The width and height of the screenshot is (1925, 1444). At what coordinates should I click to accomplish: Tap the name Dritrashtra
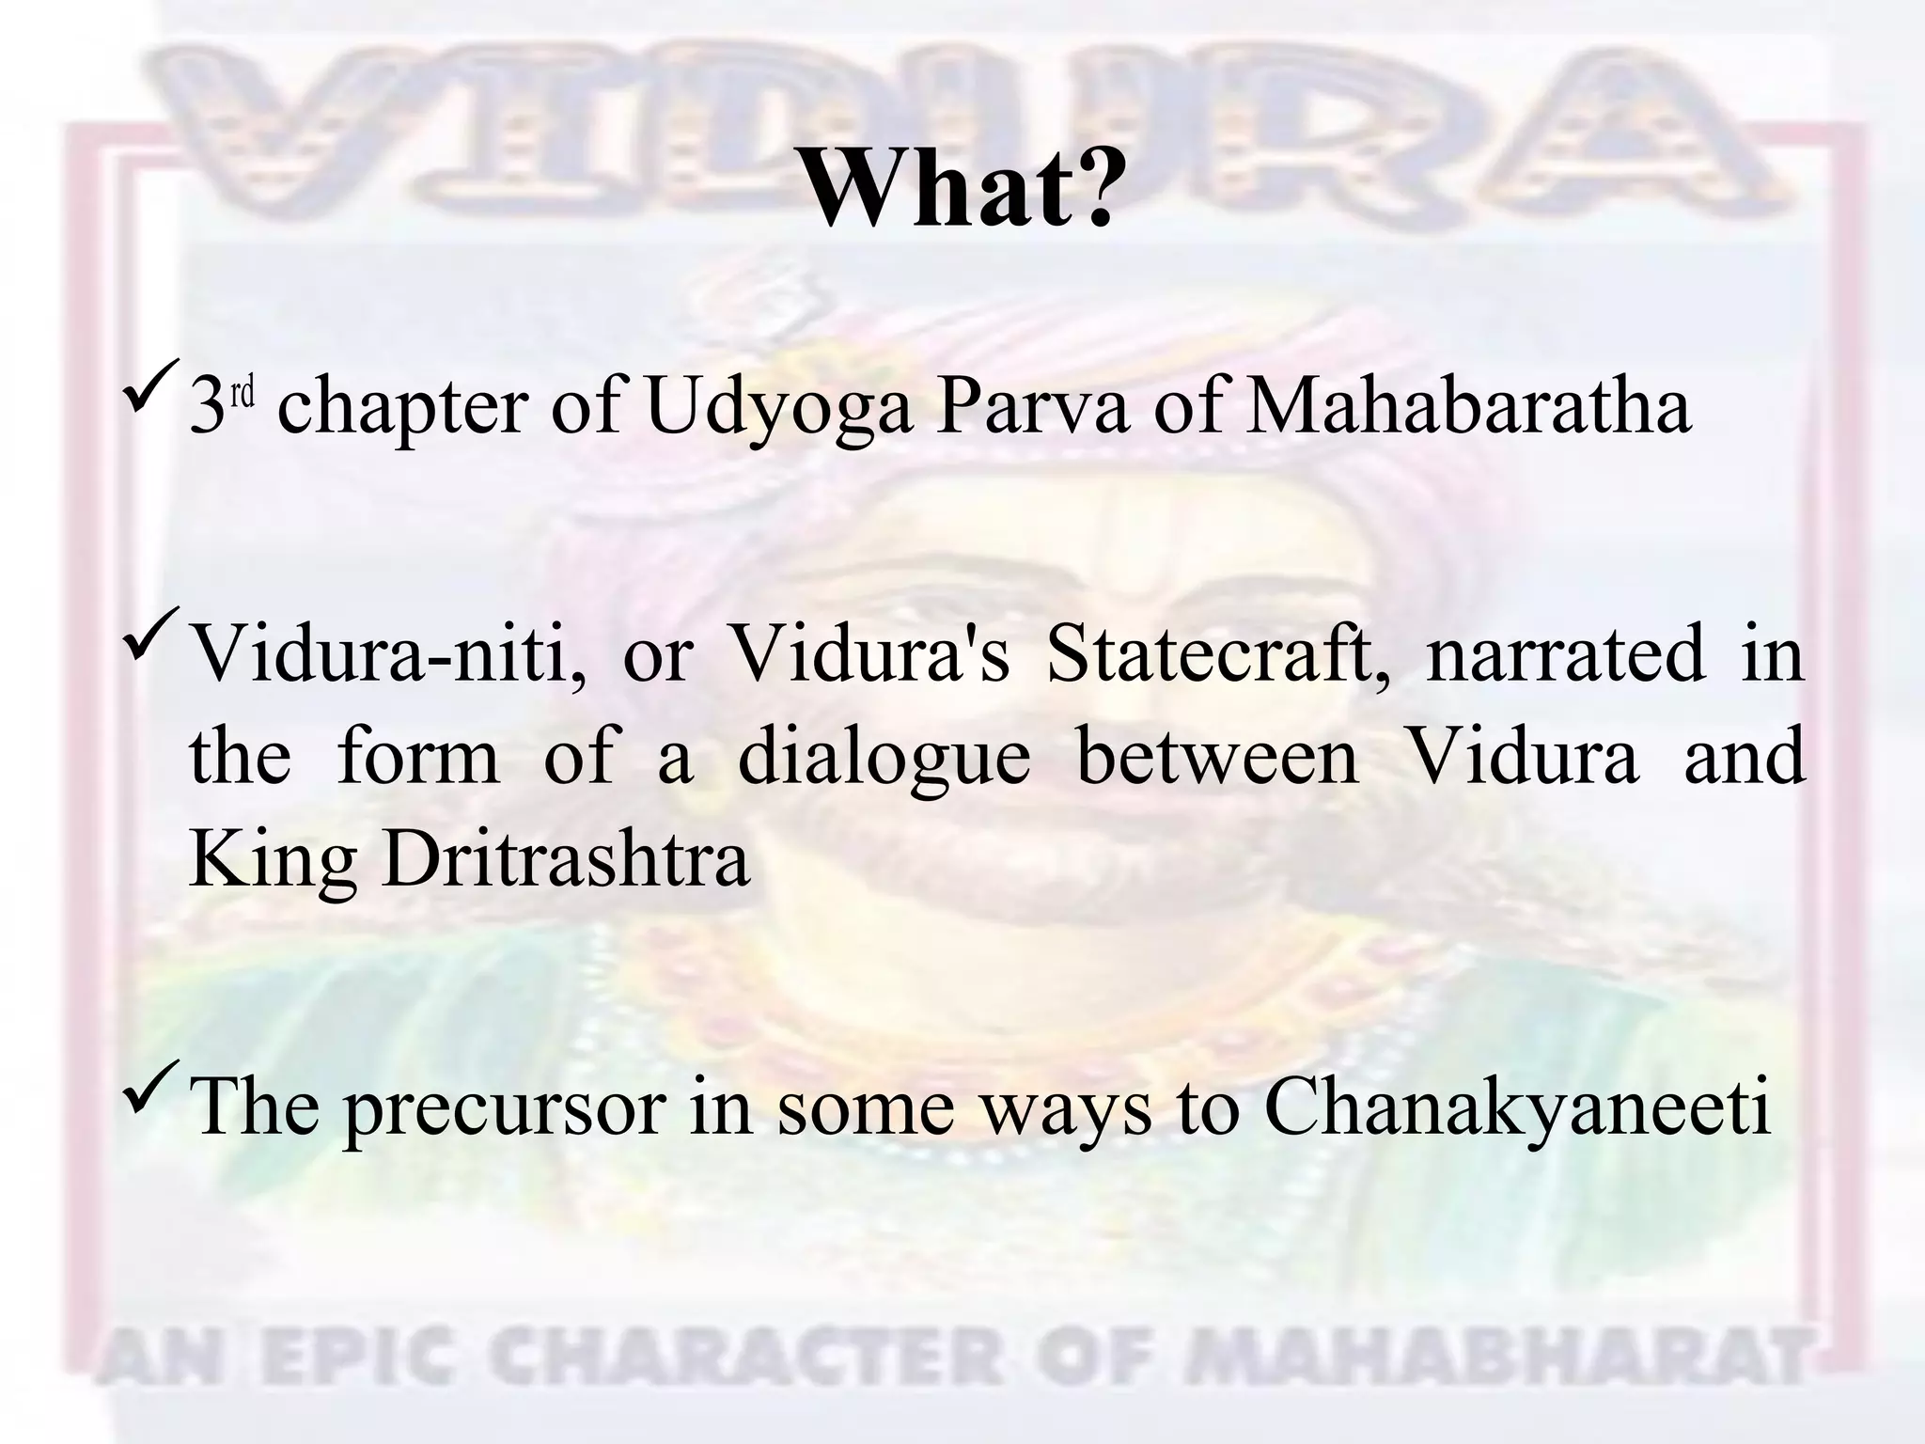pos(566,860)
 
